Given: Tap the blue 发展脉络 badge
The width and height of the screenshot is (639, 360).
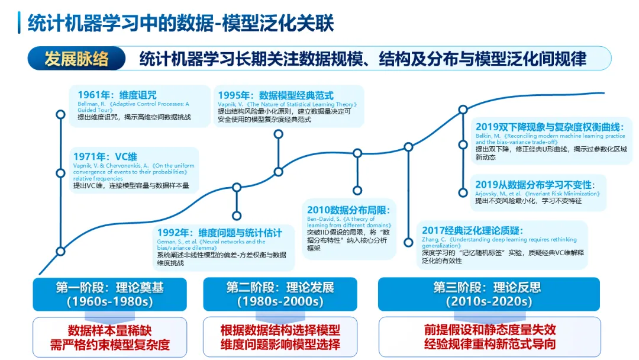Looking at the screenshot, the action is click(x=76, y=59).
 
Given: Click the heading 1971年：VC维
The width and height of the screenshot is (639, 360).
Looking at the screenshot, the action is click(x=105, y=157).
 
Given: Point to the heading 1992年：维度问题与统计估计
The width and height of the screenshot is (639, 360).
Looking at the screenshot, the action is click(x=219, y=233).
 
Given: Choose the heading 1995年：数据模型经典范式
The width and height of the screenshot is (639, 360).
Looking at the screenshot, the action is click(x=276, y=95).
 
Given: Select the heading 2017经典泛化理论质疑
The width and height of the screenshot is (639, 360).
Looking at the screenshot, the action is click(x=473, y=230).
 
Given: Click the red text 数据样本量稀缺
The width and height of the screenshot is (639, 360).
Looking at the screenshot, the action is click(x=109, y=330).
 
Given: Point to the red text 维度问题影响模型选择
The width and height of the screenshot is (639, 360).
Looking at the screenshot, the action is click(x=280, y=345).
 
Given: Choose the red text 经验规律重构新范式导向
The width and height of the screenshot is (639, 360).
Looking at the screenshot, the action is click(x=489, y=345).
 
